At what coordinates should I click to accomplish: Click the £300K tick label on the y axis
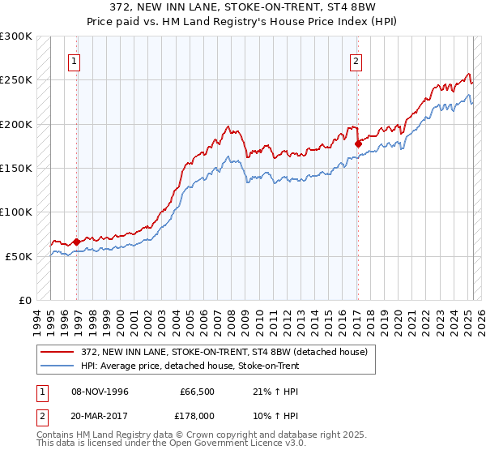coord(16,36)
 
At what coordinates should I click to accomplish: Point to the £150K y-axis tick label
coord(16,169)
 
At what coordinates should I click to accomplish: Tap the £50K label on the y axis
coord(19,256)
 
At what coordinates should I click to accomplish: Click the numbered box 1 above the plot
coord(75,59)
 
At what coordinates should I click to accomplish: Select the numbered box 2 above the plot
coord(356,59)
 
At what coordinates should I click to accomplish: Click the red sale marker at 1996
coord(76,242)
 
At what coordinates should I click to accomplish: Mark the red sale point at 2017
coord(358,143)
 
